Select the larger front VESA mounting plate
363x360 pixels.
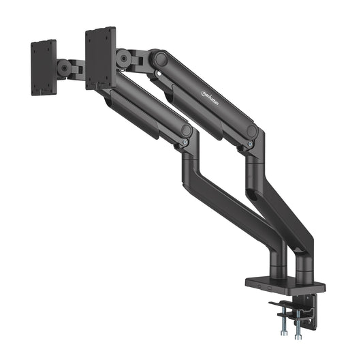pyautogui.click(x=101, y=57)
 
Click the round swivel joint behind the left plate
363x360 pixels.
pyautogui.click(x=64, y=68)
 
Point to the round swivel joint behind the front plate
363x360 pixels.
pyautogui.click(x=124, y=59)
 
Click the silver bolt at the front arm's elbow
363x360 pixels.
pyautogui.click(x=184, y=141)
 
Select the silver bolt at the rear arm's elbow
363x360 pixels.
pyautogui.click(x=251, y=144)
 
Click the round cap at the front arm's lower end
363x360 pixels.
pyautogui.click(x=185, y=129)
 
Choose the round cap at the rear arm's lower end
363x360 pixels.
pyautogui.click(x=252, y=131)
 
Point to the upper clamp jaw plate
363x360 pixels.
pyautogui.click(x=284, y=303)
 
